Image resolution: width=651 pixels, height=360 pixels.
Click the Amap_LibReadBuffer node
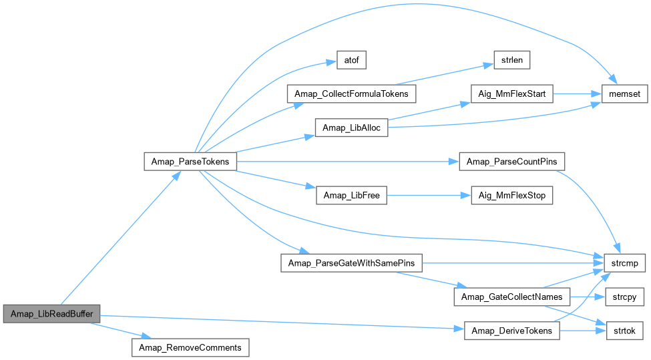pos(51,313)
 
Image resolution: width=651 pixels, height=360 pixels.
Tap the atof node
pos(347,60)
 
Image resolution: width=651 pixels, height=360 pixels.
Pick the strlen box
pos(512,60)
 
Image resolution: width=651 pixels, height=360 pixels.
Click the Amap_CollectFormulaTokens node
pos(352,94)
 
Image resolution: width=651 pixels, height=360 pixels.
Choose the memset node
pos(625,94)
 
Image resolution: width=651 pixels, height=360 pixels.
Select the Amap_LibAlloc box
pos(352,128)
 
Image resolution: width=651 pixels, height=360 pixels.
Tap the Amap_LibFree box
pos(352,196)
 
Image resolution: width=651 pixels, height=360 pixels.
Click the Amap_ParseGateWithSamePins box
pos(352,263)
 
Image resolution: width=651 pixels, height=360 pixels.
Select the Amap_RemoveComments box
pos(190,347)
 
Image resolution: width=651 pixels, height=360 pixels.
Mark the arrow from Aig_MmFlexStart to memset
pos(578,94)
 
